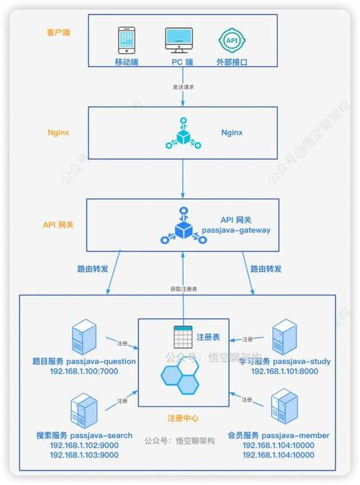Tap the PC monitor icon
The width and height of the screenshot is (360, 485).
[x=179, y=41]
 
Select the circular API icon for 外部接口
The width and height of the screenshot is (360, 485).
[x=231, y=41]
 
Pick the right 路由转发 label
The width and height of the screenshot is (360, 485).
[x=266, y=268]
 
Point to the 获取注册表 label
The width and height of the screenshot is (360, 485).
[x=184, y=288]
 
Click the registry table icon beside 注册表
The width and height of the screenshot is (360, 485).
[x=181, y=337]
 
